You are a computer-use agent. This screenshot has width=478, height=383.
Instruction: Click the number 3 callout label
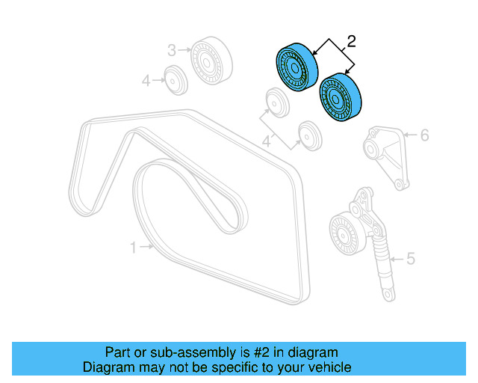[x=171, y=50]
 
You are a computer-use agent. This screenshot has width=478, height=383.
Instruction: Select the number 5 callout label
[x=409, y=260]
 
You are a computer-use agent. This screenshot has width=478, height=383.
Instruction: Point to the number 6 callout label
[x=423, y=135]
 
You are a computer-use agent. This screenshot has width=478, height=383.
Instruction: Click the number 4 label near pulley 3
[x=147, y=79]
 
